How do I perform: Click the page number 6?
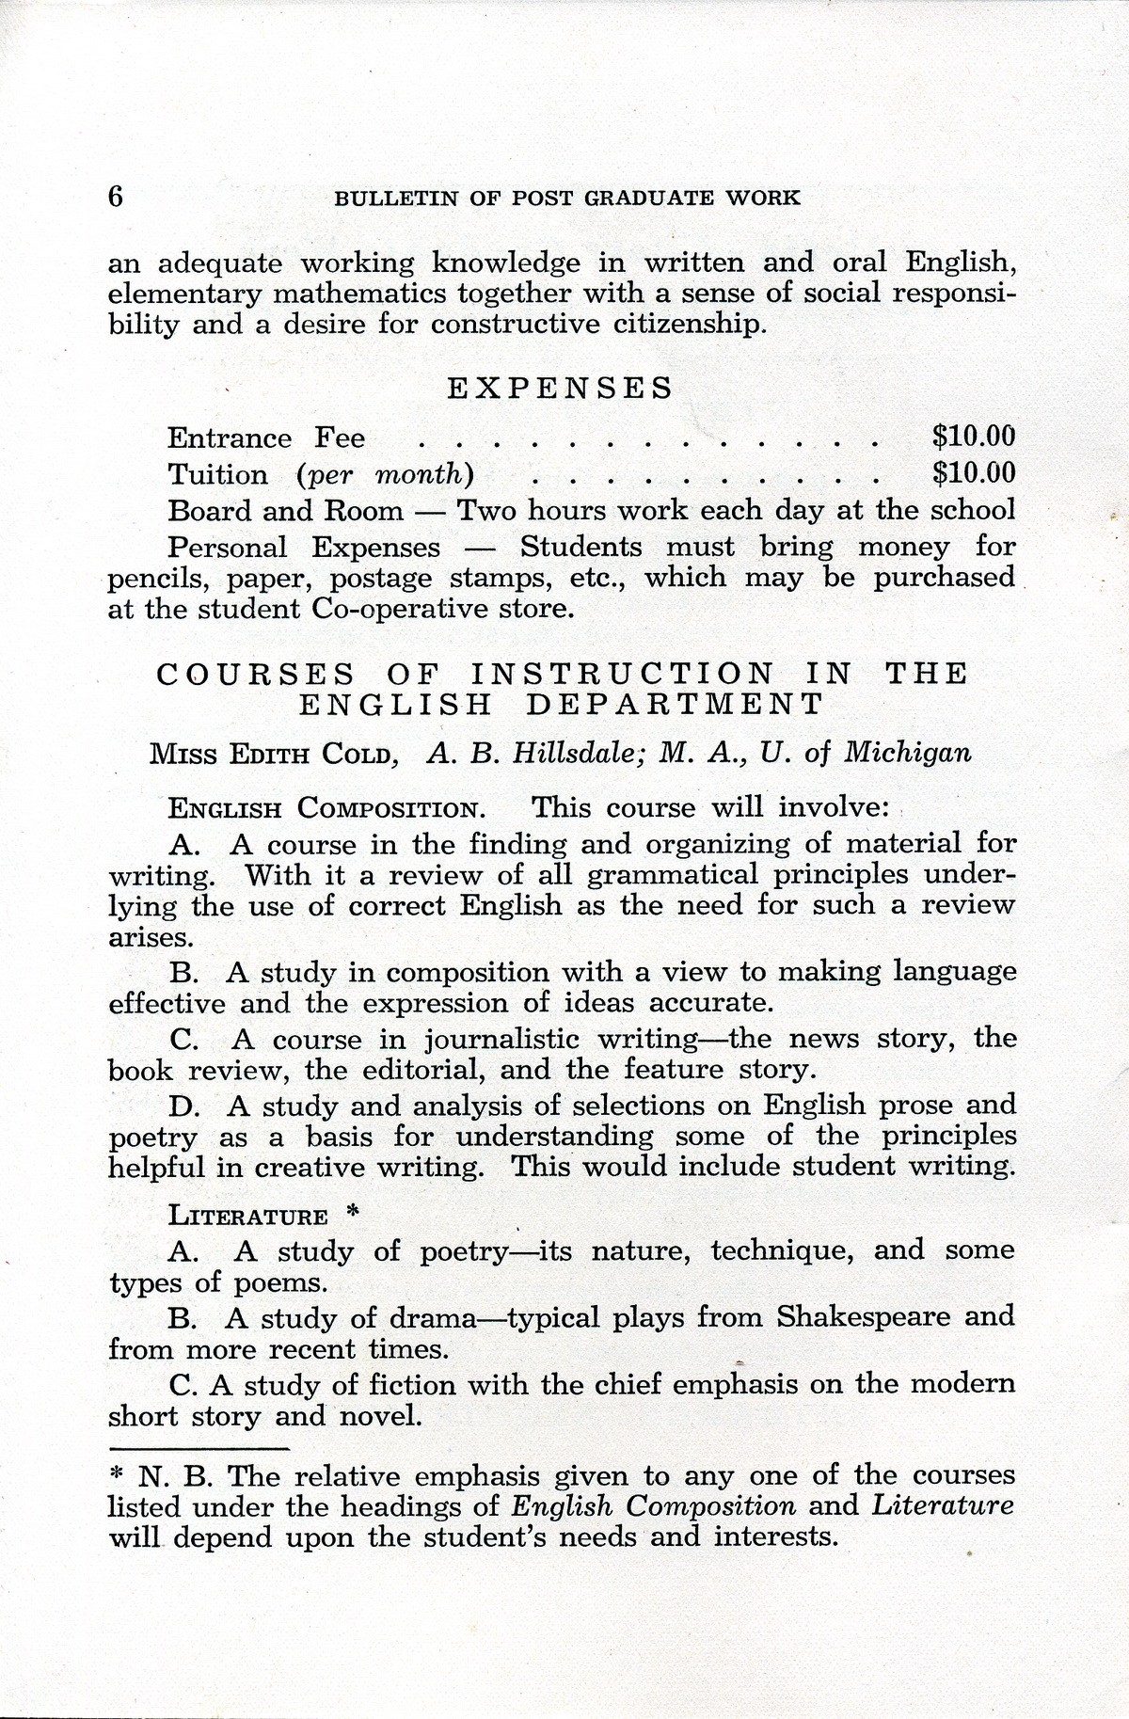117,196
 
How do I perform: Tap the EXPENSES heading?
559,389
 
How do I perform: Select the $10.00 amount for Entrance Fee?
974,437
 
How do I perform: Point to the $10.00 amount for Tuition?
974,473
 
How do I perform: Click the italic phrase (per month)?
384,475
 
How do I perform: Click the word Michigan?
908,754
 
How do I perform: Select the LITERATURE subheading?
247,1217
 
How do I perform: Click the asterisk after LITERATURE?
353,1213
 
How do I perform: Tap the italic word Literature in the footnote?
942,1505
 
